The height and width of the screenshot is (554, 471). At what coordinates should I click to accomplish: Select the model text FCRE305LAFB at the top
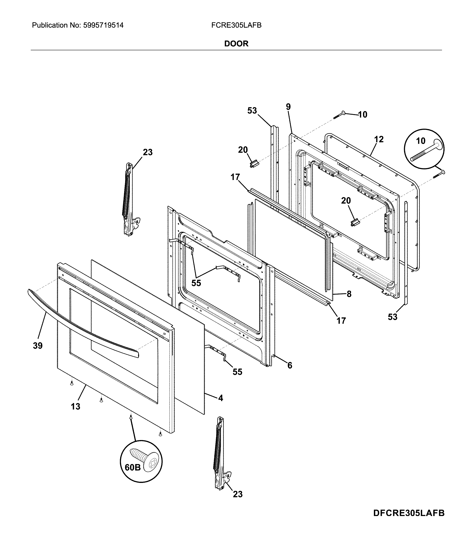236,25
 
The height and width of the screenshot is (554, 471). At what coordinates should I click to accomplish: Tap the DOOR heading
236,44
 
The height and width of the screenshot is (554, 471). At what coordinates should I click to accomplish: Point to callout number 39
38,346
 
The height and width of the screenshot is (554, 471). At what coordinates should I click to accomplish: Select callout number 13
75,407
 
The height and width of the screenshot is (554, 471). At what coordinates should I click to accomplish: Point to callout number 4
220,398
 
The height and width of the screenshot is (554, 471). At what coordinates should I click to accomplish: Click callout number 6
290,365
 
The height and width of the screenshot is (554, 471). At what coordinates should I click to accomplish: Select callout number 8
349,294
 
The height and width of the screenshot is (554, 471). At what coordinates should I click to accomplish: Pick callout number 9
288,107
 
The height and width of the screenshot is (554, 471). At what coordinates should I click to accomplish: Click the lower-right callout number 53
393,317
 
